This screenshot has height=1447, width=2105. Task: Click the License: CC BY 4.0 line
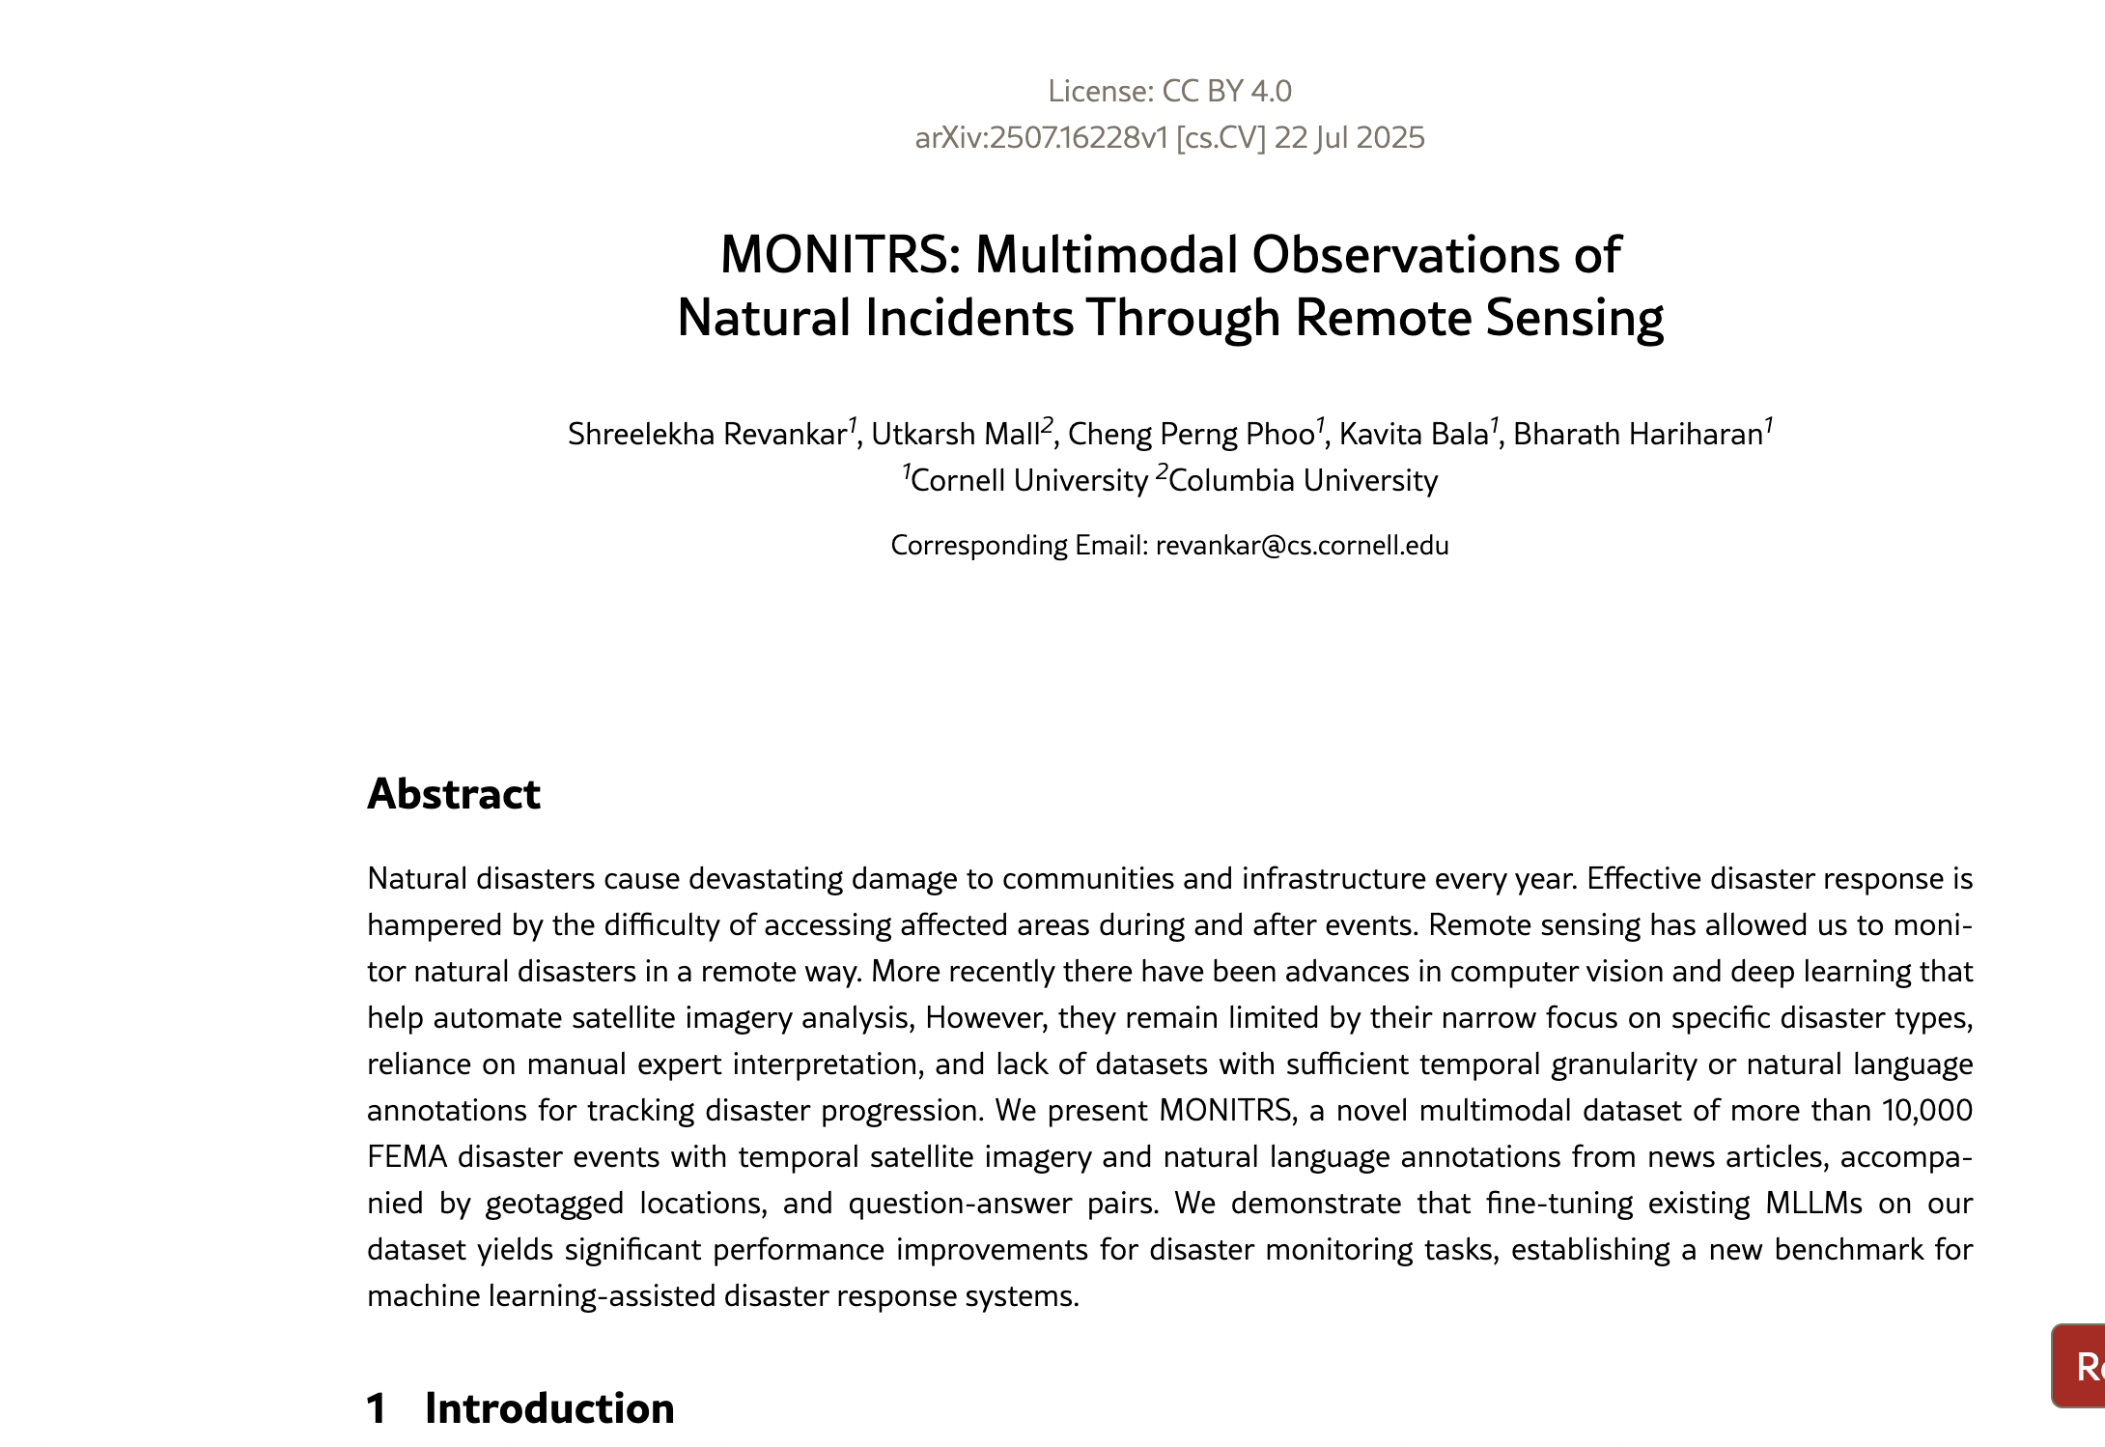tap(1169, 91)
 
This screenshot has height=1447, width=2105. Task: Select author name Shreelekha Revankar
tap(707, 435)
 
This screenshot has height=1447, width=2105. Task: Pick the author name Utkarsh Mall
tap(955, 435)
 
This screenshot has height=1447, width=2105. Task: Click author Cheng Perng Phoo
tap(1191, 435)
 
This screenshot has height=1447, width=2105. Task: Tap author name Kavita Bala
tap(1413, 435)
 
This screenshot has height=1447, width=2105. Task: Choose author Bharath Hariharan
tap(1638, 435)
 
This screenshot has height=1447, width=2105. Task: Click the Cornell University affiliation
tap(1028, 481)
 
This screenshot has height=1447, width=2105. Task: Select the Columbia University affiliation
tap(1303, 481)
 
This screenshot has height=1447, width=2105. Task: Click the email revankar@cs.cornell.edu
tap(1302, 546)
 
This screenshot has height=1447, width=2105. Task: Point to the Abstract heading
tap(454, 794)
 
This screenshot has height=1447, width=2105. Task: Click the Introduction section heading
tap(548, 1408)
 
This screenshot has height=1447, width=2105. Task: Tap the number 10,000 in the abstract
tap(1926, 1111)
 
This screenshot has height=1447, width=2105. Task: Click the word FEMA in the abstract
tap(407, 1157)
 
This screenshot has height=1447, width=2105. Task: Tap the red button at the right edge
tap(2081, 1366)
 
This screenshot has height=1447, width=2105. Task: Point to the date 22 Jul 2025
tap(1349, 138)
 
